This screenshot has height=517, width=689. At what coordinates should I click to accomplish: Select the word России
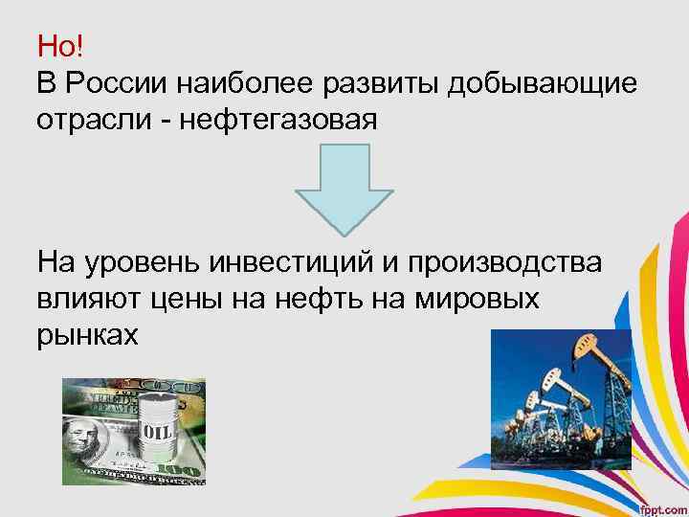coord(116,83)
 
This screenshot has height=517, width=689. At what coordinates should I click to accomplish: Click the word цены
coord(191,300)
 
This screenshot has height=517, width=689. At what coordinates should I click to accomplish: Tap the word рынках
coord(88,337)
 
